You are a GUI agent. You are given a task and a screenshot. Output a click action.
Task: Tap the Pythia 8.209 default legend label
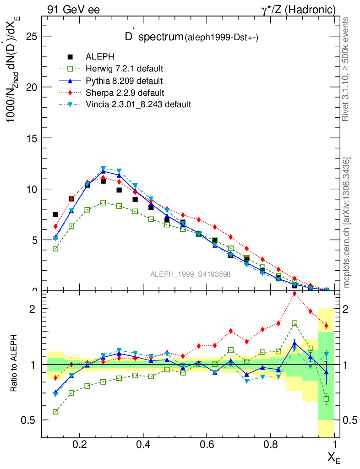[x=124, y=81]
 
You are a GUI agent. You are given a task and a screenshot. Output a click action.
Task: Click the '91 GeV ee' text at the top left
[x=73, y=9]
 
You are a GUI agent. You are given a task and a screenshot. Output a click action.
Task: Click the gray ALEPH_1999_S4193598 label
[x=190, y=274]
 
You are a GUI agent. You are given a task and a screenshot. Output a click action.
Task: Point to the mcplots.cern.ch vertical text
[x=347, y=222]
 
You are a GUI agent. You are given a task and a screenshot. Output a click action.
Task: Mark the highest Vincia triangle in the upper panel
[x=104, y=169]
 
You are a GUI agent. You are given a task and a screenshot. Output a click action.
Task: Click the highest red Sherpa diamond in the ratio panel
[x=295, y=294]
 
